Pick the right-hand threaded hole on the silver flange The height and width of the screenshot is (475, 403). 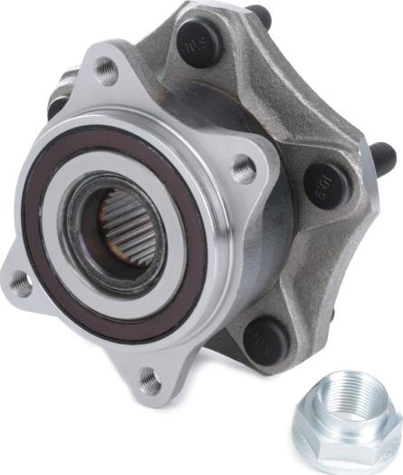pos(243,168)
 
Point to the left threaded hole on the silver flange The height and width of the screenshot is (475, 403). pos(20,284)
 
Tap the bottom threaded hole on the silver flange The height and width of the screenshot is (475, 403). pos(150,382)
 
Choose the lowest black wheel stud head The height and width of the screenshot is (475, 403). pos(264,339)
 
